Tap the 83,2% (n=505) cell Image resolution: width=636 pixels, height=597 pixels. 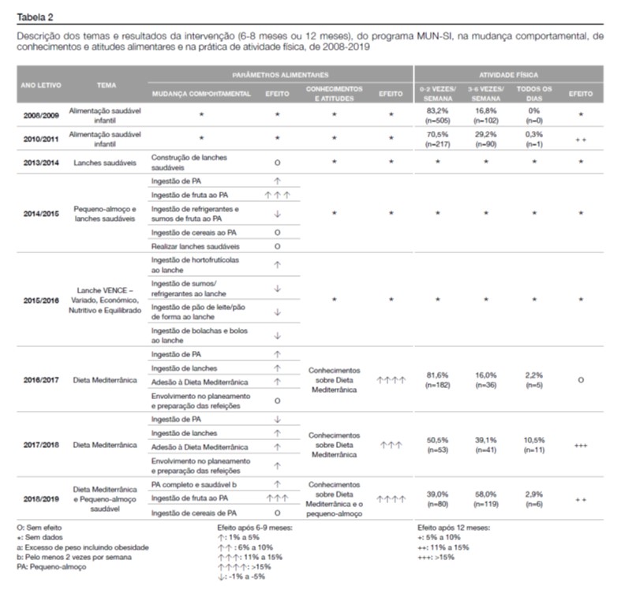click(437, 115)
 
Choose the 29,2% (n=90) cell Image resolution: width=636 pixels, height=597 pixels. click(484, 139)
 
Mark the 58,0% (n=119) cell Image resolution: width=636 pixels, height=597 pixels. click(484, 498)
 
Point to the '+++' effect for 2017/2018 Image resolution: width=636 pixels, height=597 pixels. click(580, 445)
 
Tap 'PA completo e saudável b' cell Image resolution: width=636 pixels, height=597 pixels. click(194, 483)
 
